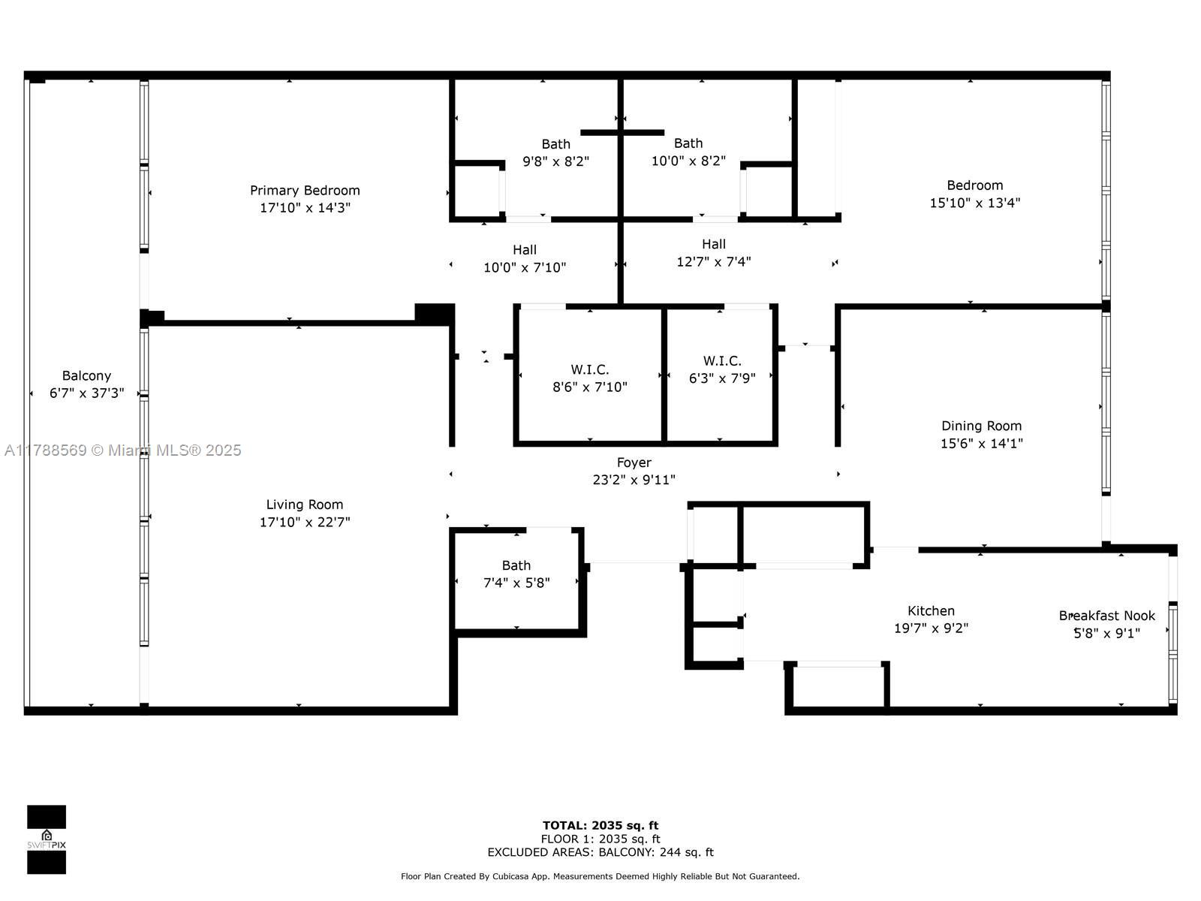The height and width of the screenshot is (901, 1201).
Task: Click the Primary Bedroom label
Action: click(x=305, y=191)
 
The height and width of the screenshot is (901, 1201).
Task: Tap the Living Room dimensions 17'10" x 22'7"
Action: click(x=305, y=522)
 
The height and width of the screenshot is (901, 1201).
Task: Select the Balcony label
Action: click(x=86, y=376)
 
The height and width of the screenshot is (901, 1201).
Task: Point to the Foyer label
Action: click(x=634, y=463)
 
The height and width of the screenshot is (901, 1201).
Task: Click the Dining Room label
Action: click(x=982, y=426)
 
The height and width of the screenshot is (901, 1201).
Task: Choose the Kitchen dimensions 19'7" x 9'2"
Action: click(x=932, y=628)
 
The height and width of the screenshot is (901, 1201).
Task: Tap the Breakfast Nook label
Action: click(x=1107, y=616)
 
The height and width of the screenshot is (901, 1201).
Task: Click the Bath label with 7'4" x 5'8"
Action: click(x=516, y=565)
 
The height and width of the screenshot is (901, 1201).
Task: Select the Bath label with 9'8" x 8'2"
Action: click(x=556, y=144)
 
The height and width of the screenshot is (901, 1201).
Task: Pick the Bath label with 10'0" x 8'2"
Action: click(x=688, y=143)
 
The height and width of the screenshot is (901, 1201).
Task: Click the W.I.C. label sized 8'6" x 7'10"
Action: click(x=590, y=369)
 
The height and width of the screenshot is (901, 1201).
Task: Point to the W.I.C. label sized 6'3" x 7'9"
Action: click(x=722, y=360)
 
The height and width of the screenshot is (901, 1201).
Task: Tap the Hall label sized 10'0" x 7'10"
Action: click(x=525, y=250)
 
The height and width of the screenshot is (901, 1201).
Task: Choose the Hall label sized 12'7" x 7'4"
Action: click(x=714, y=244)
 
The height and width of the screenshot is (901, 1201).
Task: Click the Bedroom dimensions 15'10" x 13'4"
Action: click(x=975, y=203)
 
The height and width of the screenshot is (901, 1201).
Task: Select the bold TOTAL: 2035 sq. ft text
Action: click(x=600, y=825)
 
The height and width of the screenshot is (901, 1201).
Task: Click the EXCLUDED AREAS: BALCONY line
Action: click(x=600, y=851)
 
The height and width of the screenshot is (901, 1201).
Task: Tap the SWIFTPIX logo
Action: click(x=47, y=839)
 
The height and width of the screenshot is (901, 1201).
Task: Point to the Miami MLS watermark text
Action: click(x=122, y=450)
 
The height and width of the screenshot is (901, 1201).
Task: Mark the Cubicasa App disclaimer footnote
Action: click(x=600, y=876)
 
